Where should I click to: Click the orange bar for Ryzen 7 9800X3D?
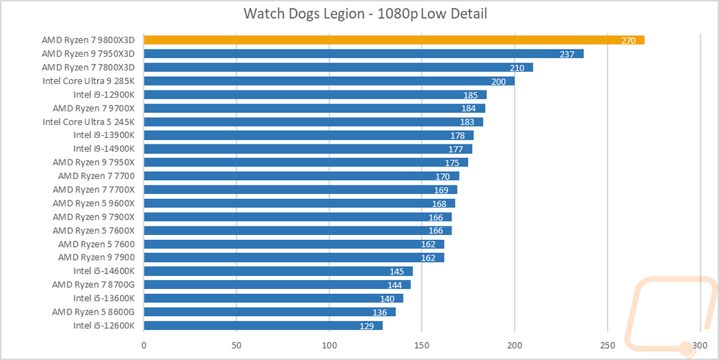pos(394,40)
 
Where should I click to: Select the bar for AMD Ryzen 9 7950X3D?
pos(364,54)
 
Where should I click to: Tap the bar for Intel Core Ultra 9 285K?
pos(329,81)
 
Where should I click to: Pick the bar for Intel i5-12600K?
pos(263,326)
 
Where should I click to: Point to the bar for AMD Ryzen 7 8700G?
pos(277,285)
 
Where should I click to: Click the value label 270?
pos(628,41)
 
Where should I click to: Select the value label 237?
pos(567,54)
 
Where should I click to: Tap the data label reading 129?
pos(366,326)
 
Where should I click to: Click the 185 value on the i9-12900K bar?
pos(470,96)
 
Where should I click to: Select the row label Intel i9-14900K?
pos(104,149)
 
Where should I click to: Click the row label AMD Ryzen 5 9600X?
pos(93,203)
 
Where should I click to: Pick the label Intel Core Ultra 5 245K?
pos(88,122)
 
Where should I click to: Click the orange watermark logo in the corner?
pos(670,316)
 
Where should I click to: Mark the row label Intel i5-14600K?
pos(104,271)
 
